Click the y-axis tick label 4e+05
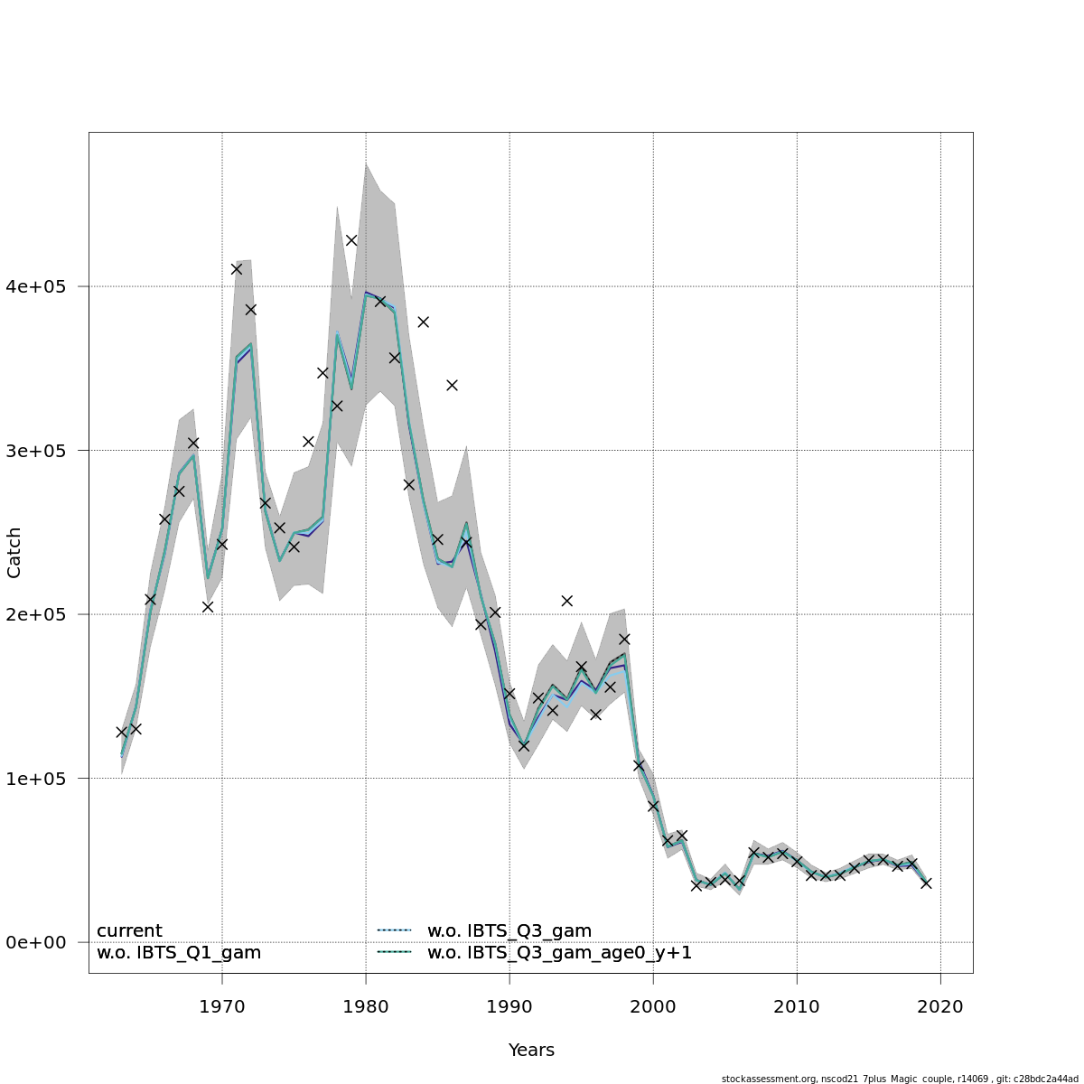pos(42,286)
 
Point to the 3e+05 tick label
pos(42,451)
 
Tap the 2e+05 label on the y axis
pos(42,614)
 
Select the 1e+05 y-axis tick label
pos(42,779)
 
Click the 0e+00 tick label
pos(42,942)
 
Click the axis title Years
pos(531,1051)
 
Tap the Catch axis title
pos(14,553)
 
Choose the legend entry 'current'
pos(129,931)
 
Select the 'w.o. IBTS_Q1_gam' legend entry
pos(179,953)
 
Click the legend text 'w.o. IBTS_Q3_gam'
pos(509,931)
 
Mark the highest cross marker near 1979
pos(351,240)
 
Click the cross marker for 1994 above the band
pos(566,601)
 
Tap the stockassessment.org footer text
pos(900,1079)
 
